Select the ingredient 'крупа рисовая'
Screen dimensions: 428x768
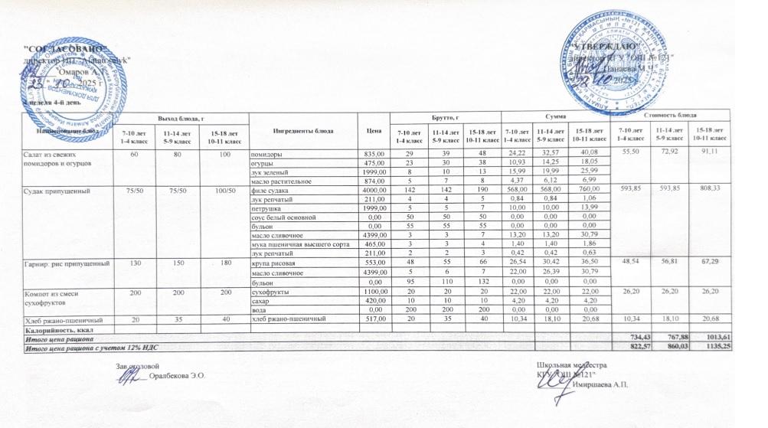[274, 263]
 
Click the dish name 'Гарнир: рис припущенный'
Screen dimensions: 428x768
[58, 263]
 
